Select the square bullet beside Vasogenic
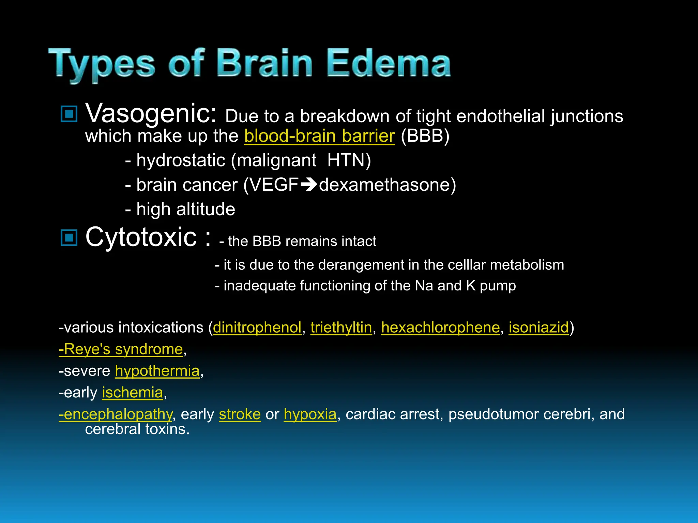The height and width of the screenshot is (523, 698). pos(69,114)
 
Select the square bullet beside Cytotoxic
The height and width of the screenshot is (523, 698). pos(69,237)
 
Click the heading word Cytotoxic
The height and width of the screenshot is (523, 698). pos(141,237)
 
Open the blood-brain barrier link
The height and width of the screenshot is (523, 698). pos(319,136)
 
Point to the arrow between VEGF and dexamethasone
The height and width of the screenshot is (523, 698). pos(309,185)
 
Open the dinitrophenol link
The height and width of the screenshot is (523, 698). pos(257,328)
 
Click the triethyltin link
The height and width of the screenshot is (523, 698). pos(341,328)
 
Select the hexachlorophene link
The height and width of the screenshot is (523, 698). pos(440,328)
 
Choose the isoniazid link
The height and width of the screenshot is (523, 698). pos(538,328)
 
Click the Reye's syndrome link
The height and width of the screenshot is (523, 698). pos(121,349)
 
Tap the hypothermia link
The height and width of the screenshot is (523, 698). pos(157,371)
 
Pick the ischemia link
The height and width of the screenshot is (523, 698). pos(133,393)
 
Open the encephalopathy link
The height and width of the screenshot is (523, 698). pos(116,415)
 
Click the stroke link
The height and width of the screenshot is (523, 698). pos(240,415)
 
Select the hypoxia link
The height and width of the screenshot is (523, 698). pos(310,415)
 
